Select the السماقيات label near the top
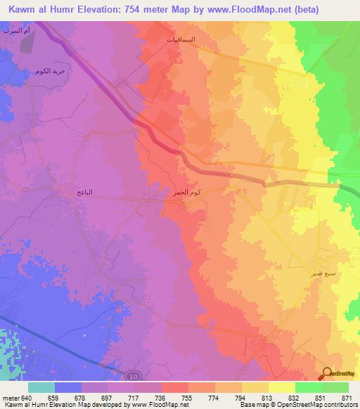click(180, 40)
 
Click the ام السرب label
click(16, 32)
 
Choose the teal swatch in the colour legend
click(41, 387)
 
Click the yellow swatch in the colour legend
click(282, 387)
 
